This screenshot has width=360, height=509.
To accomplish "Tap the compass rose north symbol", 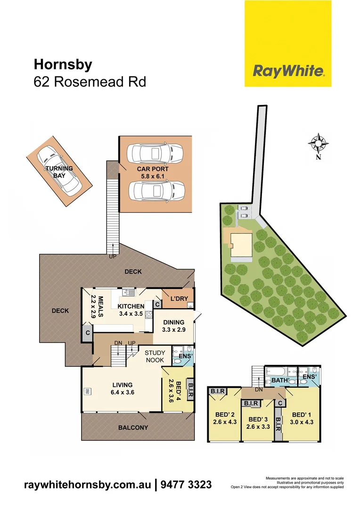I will tap(319, 143).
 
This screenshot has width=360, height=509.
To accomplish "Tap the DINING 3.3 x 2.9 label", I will tap(173, 326).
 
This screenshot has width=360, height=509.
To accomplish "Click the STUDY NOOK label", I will tap(155, 356).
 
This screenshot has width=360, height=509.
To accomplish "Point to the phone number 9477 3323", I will tap(186, 485).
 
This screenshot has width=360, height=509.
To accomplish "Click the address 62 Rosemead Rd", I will tap(90, 82).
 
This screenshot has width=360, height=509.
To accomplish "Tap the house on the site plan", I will tap(240, 244).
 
